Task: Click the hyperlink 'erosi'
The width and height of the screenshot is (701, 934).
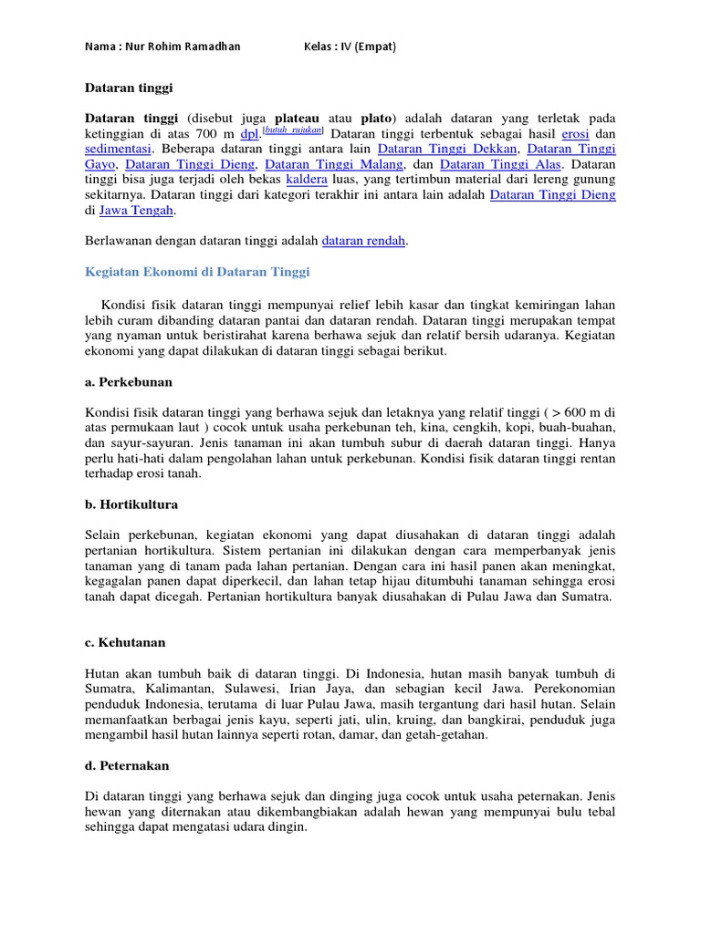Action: click(x=575, y=132)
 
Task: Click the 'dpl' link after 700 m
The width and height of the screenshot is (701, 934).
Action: click(x=249, y=132)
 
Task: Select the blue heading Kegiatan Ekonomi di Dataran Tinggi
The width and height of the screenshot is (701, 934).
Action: click(x=197, y=272)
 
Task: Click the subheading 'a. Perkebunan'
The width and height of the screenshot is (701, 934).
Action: click(x=129, y=381)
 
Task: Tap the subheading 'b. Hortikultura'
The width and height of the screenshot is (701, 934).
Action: click(x=131, y=503)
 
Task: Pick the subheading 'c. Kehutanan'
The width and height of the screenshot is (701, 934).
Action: click(x=126, y=642)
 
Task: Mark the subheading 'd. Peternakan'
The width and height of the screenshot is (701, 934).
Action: click(x=127, y=765)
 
